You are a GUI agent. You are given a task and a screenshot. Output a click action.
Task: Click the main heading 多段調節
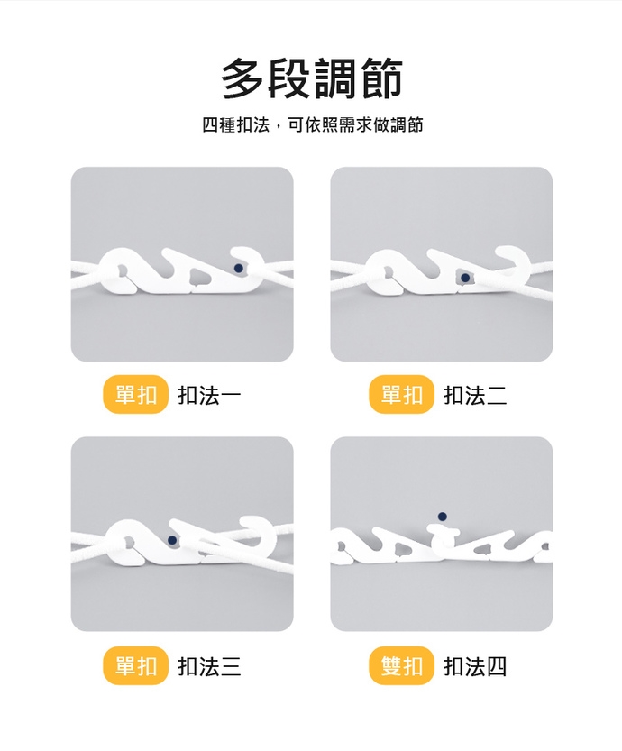tap(312, 78)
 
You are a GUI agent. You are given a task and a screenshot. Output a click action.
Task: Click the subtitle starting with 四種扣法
tap(312, 124)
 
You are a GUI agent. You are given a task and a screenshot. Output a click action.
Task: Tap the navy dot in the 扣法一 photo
tap(239, 269)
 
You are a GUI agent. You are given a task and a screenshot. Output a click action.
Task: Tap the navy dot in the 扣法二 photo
tap(465, 278)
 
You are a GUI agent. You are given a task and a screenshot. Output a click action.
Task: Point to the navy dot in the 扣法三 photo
tap(172, 540)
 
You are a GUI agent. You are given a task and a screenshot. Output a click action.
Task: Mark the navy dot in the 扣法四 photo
tap(443, 517)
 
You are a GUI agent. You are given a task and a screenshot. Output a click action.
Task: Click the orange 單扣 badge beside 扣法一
tap(136, 395)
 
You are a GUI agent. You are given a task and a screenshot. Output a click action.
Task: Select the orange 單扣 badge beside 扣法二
tap(402, 395)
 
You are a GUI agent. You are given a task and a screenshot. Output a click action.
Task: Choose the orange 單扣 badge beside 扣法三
tap(136, 665)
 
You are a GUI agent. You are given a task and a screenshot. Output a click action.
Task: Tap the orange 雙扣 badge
tap(402, 665)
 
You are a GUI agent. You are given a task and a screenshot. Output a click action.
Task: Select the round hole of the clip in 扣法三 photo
tap(128, 542)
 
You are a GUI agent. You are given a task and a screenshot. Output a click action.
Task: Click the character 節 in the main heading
tap(381, 78)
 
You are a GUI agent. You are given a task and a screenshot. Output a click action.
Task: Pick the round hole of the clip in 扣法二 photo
tap(387, 273)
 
